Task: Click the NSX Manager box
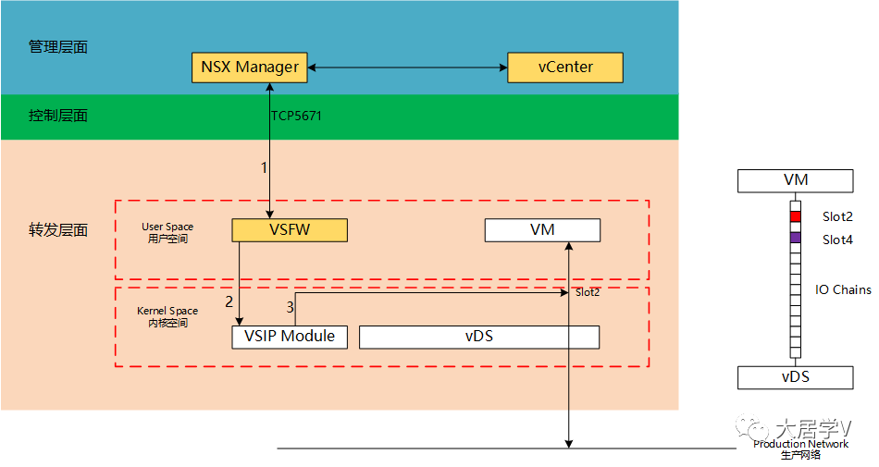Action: tap(250, 68)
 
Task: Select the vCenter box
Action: tap(565, 68)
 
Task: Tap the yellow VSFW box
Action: tap(290, 230)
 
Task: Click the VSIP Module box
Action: tap(290, 337)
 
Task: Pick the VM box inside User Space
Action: tap(542, 230)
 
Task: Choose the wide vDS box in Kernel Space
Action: tap(478, 337)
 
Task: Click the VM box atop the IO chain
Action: tap(794, 181)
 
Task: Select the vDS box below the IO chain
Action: tap(794, 377)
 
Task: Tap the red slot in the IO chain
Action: tap(795, 216)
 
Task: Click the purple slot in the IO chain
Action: tap(795, 239)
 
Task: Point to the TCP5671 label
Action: tap(296, 117)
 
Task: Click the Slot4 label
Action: tap(836, 240)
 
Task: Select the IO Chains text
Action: tap(842, 289)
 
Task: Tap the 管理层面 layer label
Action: tap(58, 46)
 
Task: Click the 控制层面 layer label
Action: tap(58, 116)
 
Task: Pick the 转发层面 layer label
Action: tap(58, 230)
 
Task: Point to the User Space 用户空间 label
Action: tap(167, 232)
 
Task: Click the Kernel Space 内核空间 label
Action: tap(167, 317)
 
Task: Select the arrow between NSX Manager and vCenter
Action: tap(407, 68)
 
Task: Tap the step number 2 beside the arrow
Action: tap(229, 301)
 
